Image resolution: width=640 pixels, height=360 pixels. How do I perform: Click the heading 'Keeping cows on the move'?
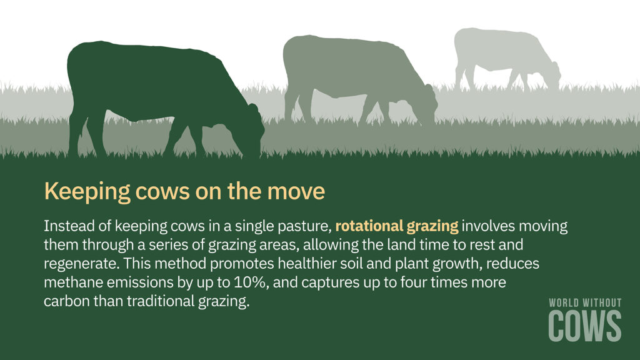[x=184, y=191]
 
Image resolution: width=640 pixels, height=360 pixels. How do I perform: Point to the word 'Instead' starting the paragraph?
[x=67, y=226]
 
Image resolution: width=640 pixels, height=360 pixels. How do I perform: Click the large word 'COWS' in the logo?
[x=585, y=326]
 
